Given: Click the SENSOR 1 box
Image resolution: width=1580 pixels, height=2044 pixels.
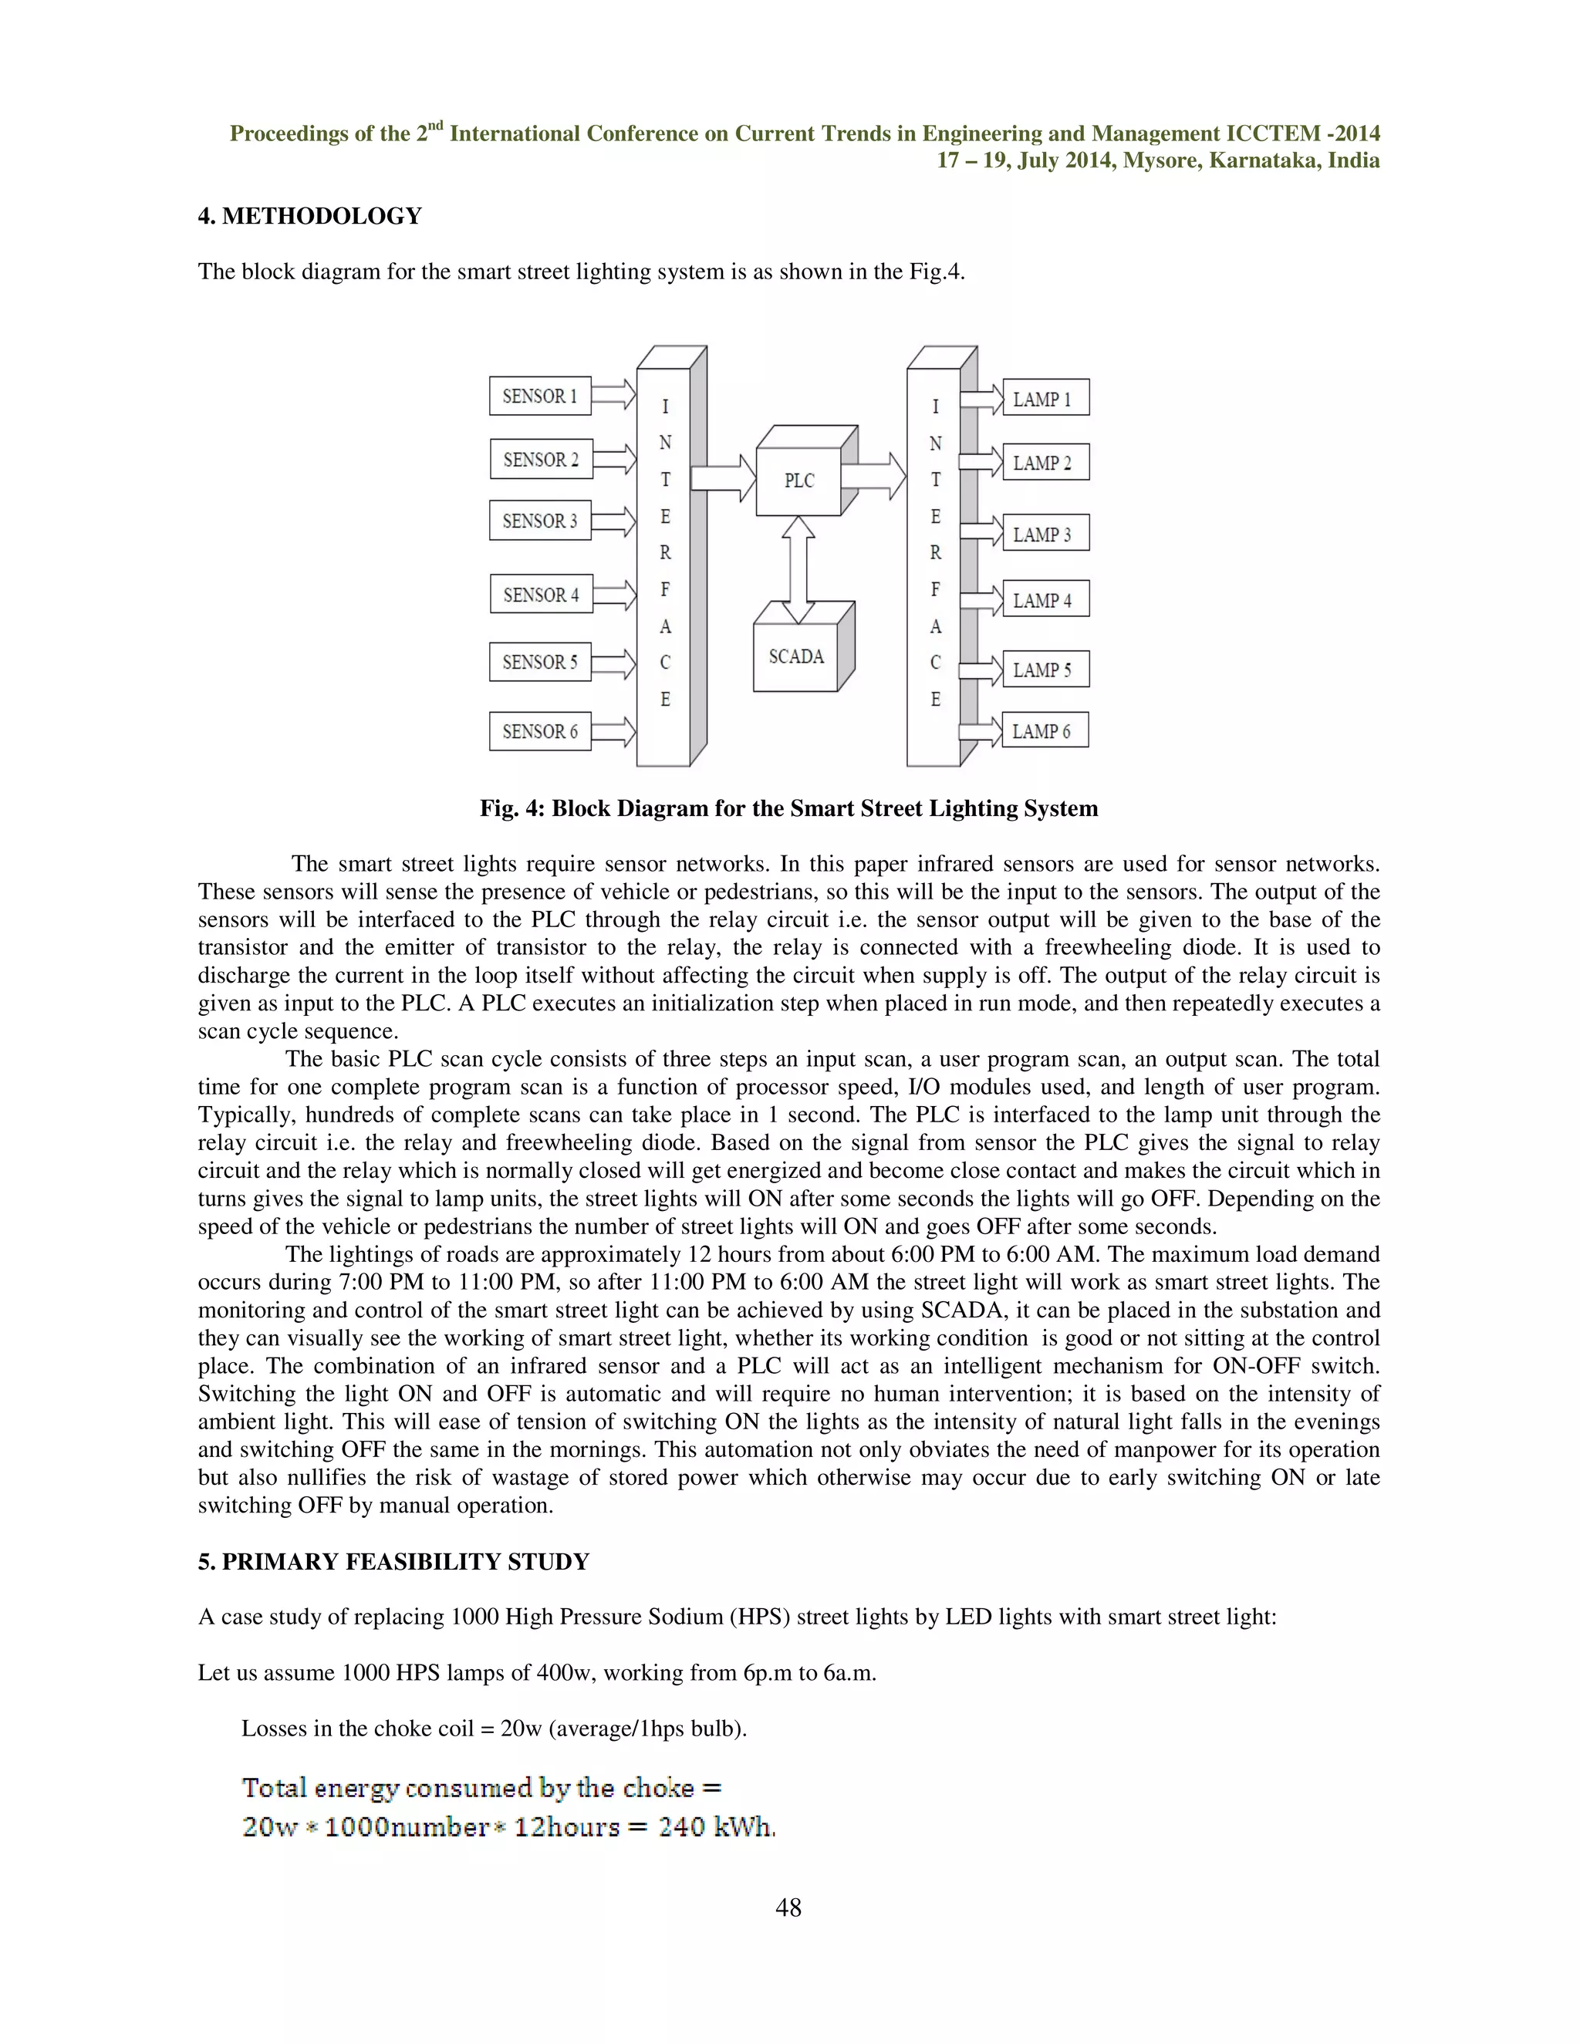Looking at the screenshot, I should [540, 396].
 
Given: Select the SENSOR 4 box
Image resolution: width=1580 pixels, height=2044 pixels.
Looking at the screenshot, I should [541, 594].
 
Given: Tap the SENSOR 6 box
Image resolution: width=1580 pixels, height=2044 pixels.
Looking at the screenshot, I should [540, 731].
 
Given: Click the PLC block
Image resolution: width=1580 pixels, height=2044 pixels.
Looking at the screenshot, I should [798, 480].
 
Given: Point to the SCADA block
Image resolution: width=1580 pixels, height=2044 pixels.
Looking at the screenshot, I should [795, 657].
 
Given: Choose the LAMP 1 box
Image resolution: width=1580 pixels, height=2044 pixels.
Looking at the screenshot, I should [1045, 399].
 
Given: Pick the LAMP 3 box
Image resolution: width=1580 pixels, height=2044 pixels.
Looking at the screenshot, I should [1045, 535].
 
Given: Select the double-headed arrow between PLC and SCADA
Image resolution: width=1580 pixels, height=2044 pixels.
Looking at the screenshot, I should [798, 569].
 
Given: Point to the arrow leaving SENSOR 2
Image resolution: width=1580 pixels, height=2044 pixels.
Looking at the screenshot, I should [615, 460].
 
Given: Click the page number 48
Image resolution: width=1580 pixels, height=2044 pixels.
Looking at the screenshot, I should [788, 1907].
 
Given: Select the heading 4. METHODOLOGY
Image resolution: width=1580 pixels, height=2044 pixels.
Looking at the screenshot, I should [310, 216].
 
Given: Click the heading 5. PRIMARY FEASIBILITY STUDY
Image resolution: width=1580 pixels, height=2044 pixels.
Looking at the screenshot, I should [393, 1562].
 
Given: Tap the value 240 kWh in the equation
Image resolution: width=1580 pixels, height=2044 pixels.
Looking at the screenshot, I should [716, 1826].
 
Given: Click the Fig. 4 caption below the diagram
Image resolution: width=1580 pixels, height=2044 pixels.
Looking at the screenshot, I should [788, 808].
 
